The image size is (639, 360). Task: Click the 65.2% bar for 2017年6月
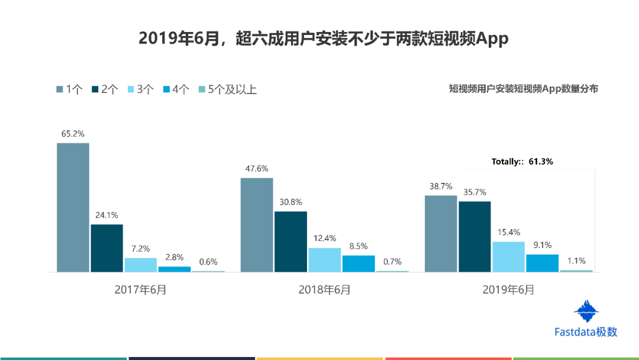point(73,207)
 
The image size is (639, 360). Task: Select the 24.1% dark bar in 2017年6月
point(106,248)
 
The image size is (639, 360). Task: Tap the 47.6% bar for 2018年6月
point(257,224)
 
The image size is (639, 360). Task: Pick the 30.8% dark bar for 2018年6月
point(291,242)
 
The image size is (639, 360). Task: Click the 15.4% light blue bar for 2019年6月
point(509,257)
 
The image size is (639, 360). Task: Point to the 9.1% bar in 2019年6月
point(543,263)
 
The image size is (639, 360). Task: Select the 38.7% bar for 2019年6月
point(441,234)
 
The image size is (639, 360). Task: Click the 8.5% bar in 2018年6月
point(359,263)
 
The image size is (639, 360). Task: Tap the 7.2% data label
point(141,249)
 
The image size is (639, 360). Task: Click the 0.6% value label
point(208,262)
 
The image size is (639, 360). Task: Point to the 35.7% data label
point(475,192)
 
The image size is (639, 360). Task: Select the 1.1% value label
point(576,261)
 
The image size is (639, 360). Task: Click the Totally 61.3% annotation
point(522,162)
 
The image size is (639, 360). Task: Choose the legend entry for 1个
point(69,89)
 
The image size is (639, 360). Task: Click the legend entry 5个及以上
point(228,89)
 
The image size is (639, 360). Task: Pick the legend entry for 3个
point(141,89)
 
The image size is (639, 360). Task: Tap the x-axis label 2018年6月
point(324,290)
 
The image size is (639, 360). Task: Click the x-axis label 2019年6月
point(508,290)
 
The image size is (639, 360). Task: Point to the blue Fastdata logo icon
point(586,311)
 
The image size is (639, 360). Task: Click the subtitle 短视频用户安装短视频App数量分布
point(523,89)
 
